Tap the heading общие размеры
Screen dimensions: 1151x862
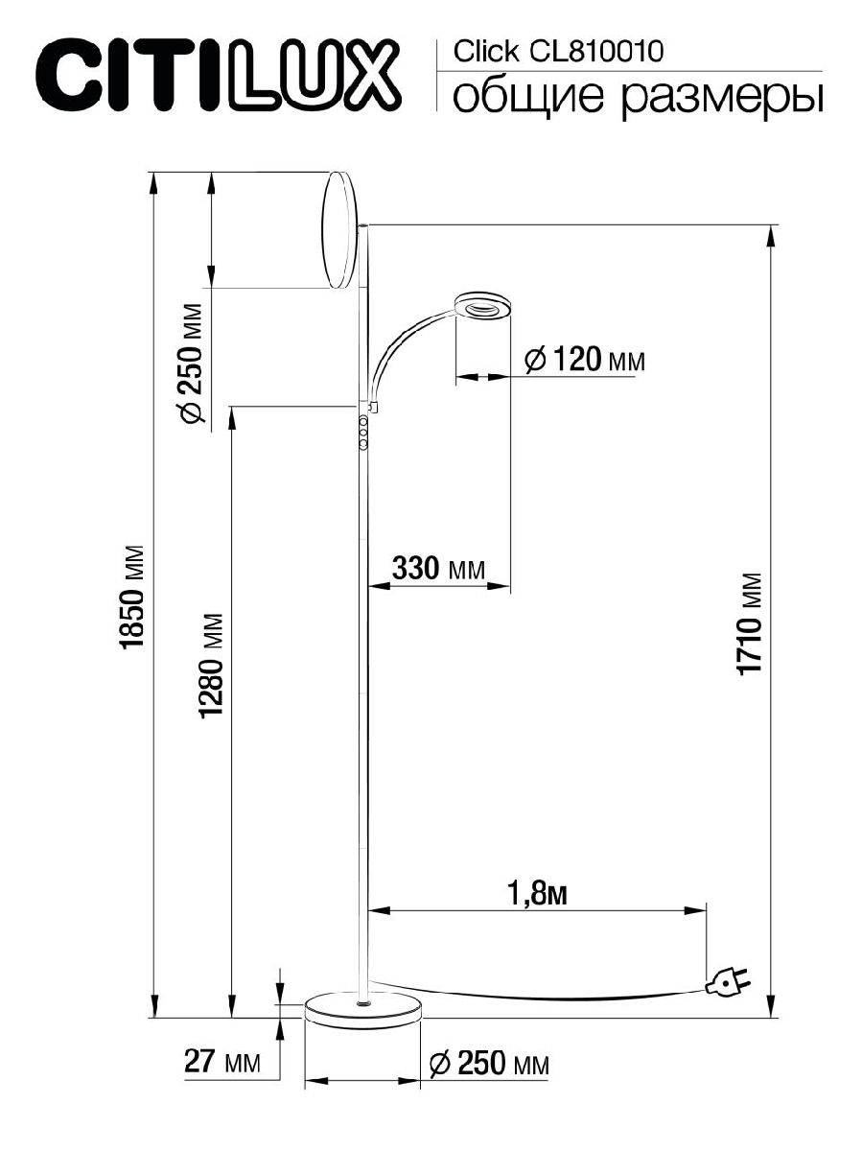(x=637, y=97)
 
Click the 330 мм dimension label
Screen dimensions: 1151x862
(x=437, y=569)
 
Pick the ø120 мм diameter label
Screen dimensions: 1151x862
(x=585, y=361)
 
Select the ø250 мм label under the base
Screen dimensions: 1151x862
(x=489, y=1063)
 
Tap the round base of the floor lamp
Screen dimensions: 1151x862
(x=362, y=1011)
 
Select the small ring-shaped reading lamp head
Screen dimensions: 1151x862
(x=484, y=308)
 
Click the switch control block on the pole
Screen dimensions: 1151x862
(x=364, y=433)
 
